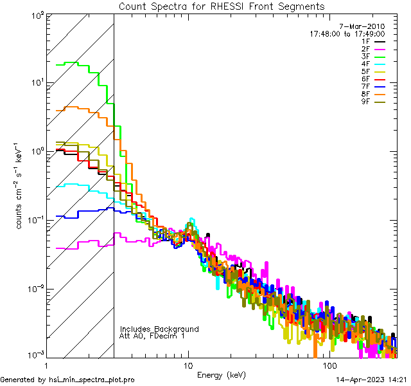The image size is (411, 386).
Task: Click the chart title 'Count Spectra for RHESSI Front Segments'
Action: (222, 6)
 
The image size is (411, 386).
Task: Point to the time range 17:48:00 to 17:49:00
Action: (347, 33)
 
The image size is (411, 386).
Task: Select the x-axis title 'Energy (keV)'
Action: (221, 375)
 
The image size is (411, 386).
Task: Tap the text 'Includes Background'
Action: (159, 329)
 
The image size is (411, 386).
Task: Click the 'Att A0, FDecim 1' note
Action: (152, 336)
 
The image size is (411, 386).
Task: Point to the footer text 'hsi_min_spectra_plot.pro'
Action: (92, 380)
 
